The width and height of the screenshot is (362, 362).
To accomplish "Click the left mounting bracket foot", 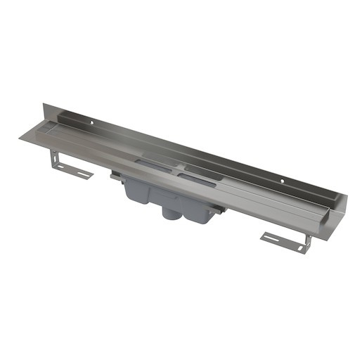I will click(74, 172).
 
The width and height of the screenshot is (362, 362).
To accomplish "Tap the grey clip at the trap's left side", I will click(115, 179).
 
